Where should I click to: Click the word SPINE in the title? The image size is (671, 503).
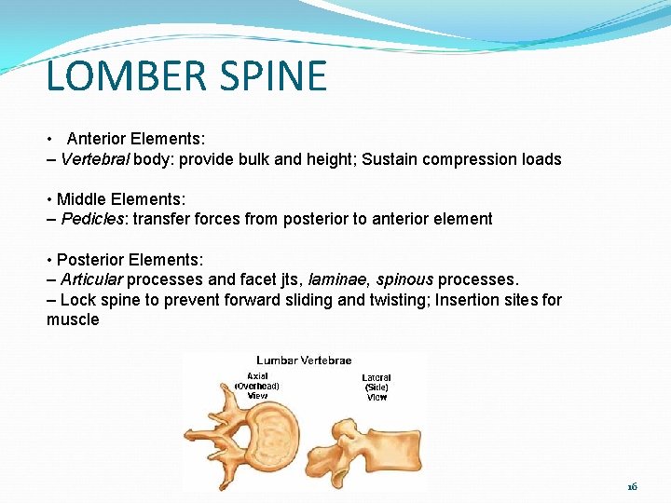tap(278, 75)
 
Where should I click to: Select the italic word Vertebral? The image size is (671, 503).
tap(95, 159)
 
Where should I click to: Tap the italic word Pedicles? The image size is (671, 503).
tap(90, 219)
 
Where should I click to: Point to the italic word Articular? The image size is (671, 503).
tap(91, 279)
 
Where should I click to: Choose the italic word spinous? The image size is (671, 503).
tap(404, 279)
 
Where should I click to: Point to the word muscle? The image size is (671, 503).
tap(73, 319)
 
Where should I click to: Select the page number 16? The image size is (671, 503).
tap(632, 486)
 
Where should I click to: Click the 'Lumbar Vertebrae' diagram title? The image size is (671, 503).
tap(303, 360)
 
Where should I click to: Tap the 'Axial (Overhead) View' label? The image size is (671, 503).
tap(257, 385)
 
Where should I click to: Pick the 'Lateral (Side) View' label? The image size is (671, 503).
tap(377, 387)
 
